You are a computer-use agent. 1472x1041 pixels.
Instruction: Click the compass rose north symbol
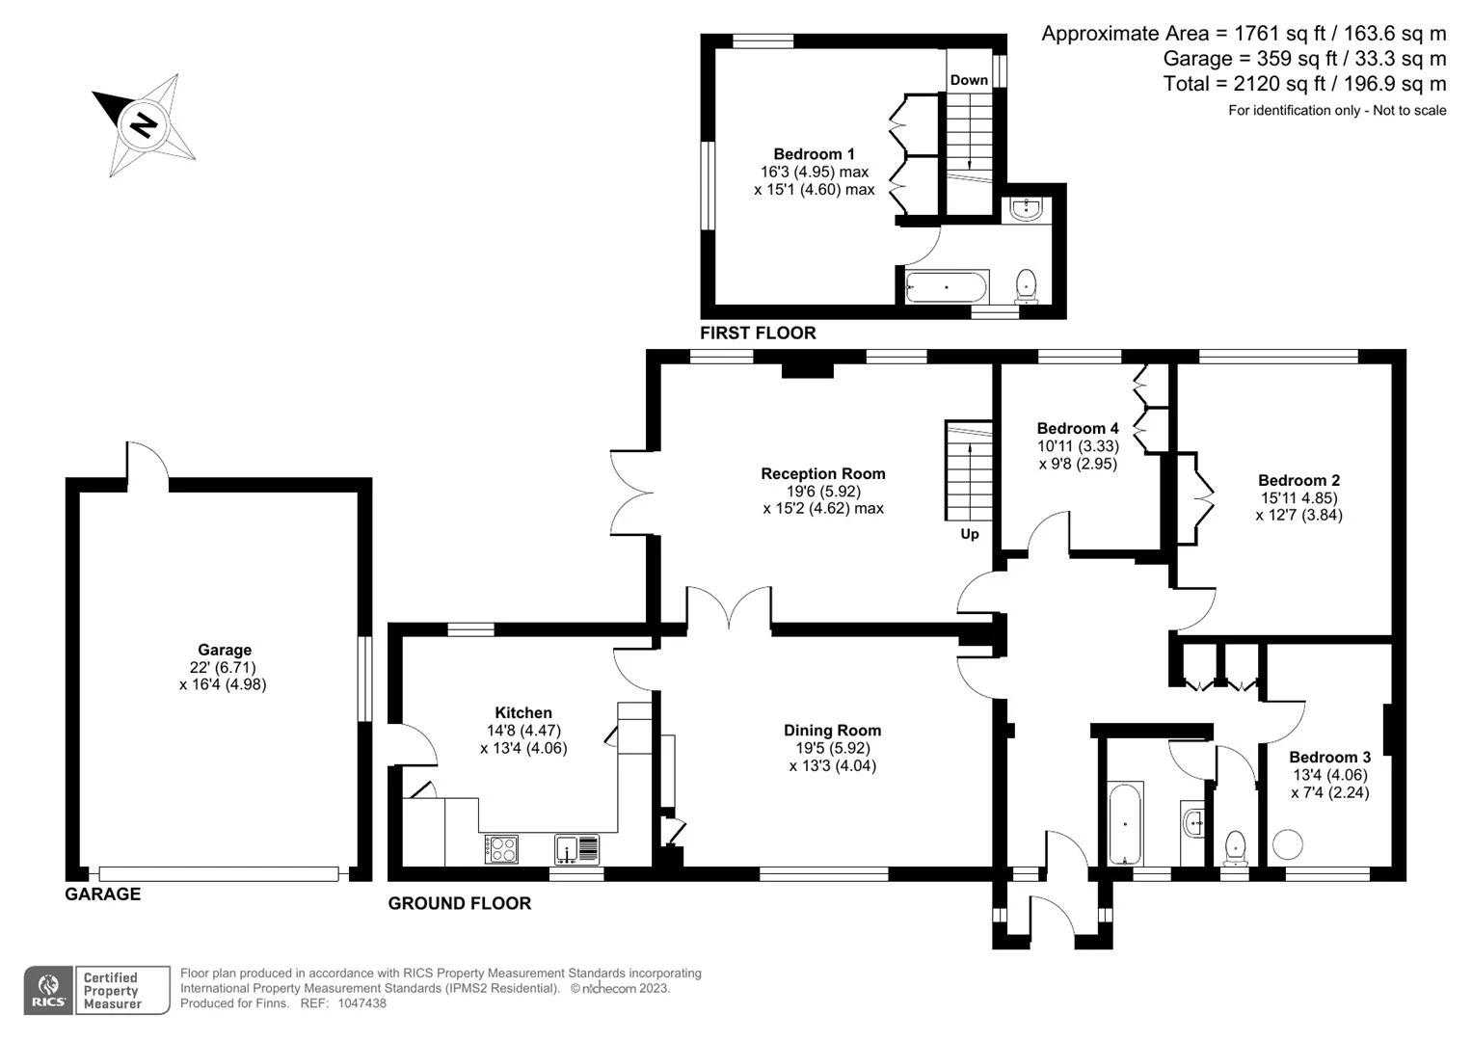pyautogui.click(x=144, y=125)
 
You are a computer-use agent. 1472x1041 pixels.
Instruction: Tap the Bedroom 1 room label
pyautogui.click(x=814, y=154)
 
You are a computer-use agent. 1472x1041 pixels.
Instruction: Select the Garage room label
pyautogui.click(x=225, y=650)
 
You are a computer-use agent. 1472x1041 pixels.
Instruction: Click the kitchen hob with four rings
pyautogui.click(x=501, y=848)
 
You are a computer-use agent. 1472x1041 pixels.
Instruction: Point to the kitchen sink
pyautogui.click(x=576, y=848)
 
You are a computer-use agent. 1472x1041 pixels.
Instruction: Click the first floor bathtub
pyautogui.click(x=947, y=287)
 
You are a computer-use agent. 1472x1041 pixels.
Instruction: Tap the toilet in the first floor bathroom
pyautogui.click(x=1026, y=286)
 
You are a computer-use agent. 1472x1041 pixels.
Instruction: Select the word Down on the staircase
pyautogui.click(x=969, y=80)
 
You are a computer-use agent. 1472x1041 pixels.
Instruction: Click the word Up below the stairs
pyautogui.click(x=970, y=534)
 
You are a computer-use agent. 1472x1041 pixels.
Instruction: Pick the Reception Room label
pyautogui.click(x=822, y=474)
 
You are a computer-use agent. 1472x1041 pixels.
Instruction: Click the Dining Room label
pyautogui.click(x=832, y=731)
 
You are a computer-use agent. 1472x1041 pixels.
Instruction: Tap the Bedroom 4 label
pyautogui.click(x=1078, y=429)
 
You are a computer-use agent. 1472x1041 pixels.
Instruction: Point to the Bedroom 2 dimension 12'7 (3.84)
pyautogui.click(x=1298, y=516)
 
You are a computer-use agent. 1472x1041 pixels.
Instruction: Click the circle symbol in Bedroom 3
pyautogui.click(x=1287, y=844)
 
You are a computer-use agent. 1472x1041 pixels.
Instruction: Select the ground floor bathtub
pyautogui.click(x=1126, y=823)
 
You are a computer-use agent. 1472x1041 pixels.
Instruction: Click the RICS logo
pyautogui.click(x=48, y=990)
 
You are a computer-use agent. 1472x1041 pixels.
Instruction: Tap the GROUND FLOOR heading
pyautogui.click(x=460, y=904)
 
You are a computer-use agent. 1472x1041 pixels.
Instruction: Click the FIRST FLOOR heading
pyautogui.click(x=758, y=334)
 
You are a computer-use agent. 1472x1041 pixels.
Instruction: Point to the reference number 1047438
pyautogui.click(x=361, y=1003)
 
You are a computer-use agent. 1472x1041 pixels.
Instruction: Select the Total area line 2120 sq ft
pyautogui.click(x=1304, y=84)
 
